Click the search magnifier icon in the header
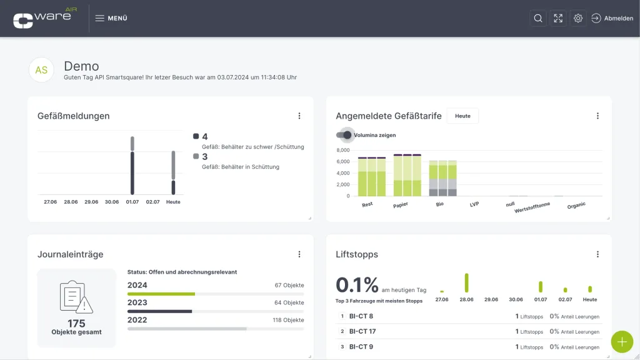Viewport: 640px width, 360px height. [538, 18]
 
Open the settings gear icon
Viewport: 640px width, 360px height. [578, 18]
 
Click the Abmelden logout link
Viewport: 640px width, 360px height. [612, 18]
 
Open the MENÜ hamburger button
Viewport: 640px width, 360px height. [111, 18]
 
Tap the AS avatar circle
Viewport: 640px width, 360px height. [41, 70]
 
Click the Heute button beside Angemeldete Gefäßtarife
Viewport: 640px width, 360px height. [462, 116]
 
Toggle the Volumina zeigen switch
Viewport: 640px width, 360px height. [344, 135]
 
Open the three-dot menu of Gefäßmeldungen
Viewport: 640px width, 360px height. [299, 116]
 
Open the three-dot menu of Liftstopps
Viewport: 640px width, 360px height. [597, 254]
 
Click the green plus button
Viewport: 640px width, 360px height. [622, 342]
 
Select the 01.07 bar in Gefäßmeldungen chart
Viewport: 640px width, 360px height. [132, 165]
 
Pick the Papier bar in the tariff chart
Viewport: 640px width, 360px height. [407, 175]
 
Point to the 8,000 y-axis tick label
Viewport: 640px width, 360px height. [343, 150]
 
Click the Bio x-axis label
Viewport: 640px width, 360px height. [439, 204]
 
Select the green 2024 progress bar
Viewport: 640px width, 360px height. [161, 294]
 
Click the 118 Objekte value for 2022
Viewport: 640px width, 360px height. [288, 320]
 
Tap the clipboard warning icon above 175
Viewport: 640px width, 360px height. [76, 297]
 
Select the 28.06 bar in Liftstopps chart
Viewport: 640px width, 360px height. [466, 282]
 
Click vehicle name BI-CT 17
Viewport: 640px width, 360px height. [362, 331]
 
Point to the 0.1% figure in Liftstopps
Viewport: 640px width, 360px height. [357, 285]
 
